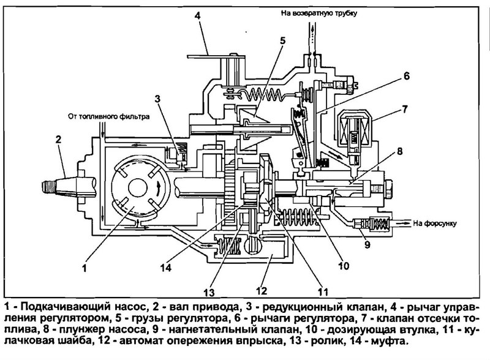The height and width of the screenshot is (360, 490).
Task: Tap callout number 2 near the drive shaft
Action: point(59,140)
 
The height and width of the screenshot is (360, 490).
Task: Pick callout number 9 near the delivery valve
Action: point(367,247)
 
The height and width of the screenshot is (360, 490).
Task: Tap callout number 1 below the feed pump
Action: point(86,267)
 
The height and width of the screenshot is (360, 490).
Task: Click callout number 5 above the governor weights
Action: point(282,42)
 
